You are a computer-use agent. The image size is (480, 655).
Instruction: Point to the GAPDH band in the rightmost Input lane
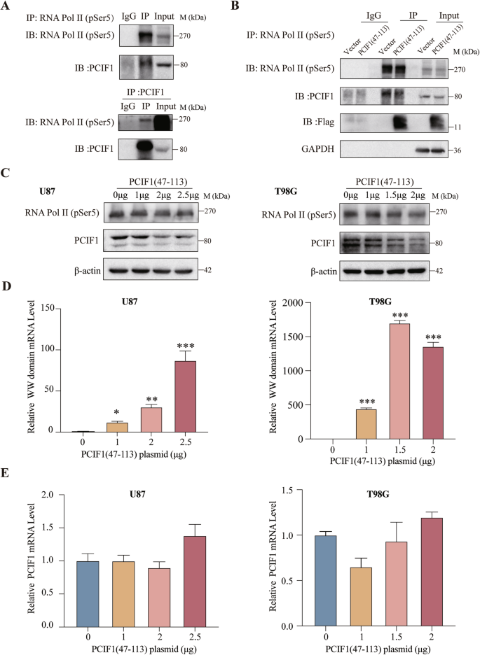tap(440, 149)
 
